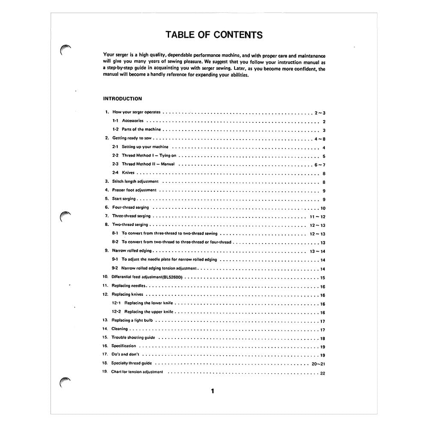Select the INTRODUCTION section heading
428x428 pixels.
[122, 98]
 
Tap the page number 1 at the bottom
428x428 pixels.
[213, 391]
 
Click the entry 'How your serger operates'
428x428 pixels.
[136, 112]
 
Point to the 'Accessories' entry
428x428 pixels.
[133, 121]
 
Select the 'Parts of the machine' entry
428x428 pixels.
[141, 129]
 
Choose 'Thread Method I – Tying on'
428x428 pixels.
[149, 155]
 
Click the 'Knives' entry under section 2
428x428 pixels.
[128, 173]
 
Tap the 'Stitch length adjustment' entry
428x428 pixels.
[135, 181]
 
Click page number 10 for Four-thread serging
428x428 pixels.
[323, 208]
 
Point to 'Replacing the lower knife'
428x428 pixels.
[149, 303]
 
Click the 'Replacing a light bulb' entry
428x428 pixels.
[132, 320]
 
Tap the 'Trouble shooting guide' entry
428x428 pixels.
[133, 337]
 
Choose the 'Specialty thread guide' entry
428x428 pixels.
[132, 363]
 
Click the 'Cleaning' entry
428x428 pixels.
[119, 329]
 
